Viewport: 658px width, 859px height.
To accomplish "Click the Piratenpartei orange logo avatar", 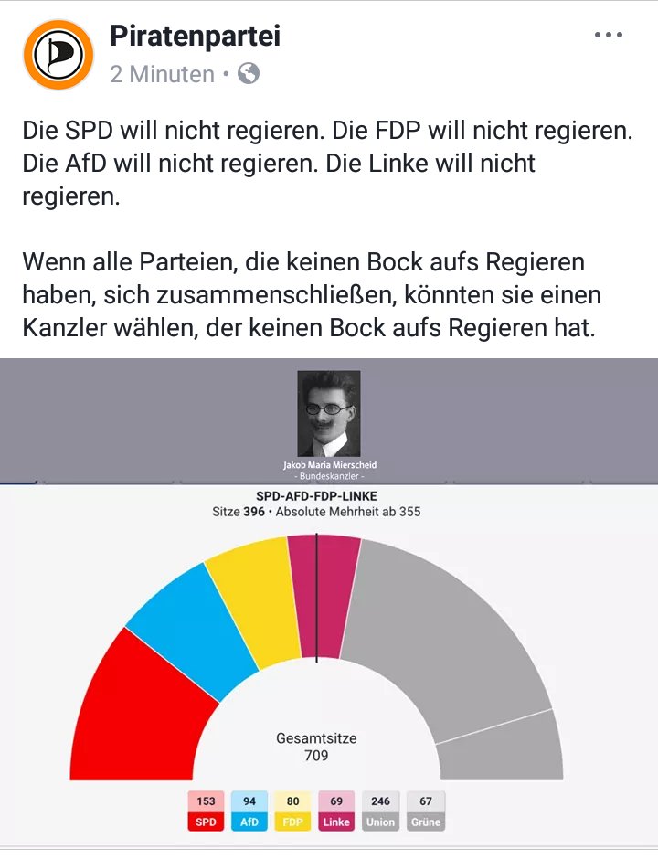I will (x=58, y=55).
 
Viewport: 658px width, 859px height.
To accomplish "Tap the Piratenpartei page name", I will (x=195, y=37).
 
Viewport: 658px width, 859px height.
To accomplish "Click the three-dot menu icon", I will (x=608, y=36).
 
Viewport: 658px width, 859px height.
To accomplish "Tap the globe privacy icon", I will (x=249, y=74).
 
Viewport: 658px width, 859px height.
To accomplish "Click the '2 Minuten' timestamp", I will (x=163, y=74).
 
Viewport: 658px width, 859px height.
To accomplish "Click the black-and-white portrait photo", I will (x=329, y=413).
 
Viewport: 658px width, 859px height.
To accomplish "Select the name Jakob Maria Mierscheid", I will (x=330, y=465).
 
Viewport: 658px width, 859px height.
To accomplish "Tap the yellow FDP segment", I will (x=251, y=594).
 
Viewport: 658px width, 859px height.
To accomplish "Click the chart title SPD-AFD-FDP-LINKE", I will (x=316, y=496).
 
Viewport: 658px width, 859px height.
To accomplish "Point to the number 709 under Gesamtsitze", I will (x=316, y=756).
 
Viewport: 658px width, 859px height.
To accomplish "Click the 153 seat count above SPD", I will (x=207, y=801).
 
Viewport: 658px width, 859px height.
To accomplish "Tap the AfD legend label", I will (x=249, y=822).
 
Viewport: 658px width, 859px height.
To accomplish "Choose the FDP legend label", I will (x=293, y=822).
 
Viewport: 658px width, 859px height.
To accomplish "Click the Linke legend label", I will (x=336, y=822).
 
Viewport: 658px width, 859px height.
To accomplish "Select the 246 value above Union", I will (x=380, y=801).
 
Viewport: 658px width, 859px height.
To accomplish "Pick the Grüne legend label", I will (x=425, y=822).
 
